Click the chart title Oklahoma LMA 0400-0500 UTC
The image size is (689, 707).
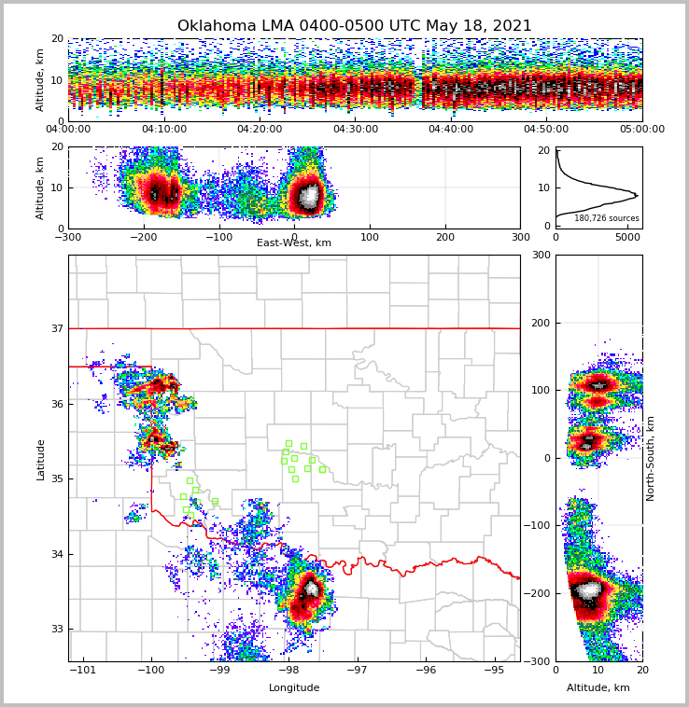pyautogui.click(x=354, y=26)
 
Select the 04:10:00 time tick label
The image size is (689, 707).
pyautogui.click(x=163, y=130)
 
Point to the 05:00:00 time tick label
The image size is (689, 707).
pyautogui.click(x=641, y=130)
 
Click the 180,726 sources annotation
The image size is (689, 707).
pyautogui.click(x=606, y=218)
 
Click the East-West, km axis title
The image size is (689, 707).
pyautogui.click(x=294, y=243)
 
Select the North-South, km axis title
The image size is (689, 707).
pyautogui.click(x=651, y=458)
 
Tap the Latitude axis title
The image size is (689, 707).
pyautogui.click(x=40, y=459)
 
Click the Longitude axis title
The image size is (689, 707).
pyautogui.click(x=294, y=688)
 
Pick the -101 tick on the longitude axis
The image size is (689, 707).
pyautogui.click(x=84, y=670)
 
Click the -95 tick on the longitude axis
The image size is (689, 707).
pyautogui.click(x=494, y=670)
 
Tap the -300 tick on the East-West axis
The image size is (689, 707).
pyautogui.click(x=68, y=237)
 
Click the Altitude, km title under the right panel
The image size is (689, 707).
pyautogui.click(x=598, y=688)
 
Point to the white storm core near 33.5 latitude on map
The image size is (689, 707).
pyautogui.click(x=311, y=589)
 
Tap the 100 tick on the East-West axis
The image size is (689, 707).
pyautogui.click(x=370, y=237)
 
